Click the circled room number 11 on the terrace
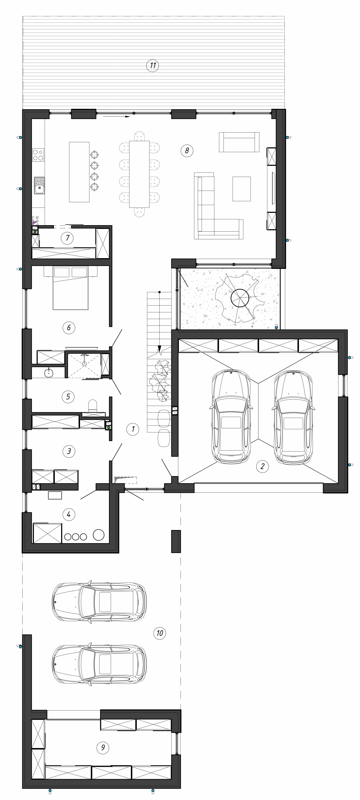click(153, 66)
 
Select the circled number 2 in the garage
click(262, 466)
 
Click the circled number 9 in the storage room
click(103, 747)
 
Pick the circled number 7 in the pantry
click(67, 238)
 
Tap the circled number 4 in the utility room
click(69, 514)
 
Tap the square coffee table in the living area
click(241, 189)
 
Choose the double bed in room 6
click(70, 288)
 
